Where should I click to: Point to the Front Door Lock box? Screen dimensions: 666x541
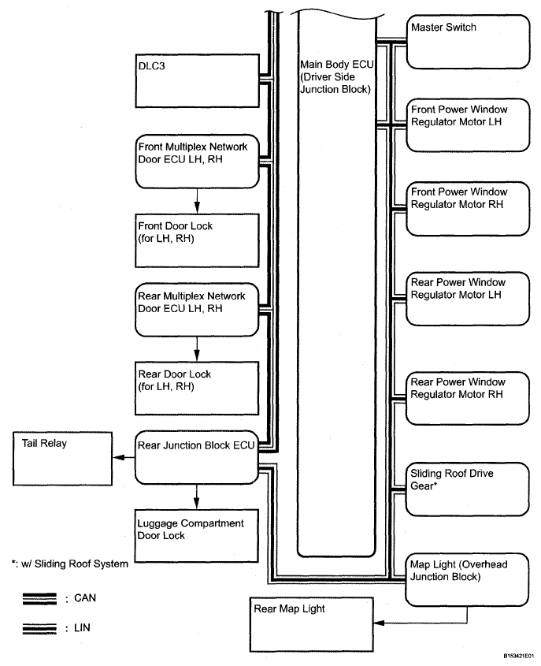[197, 236]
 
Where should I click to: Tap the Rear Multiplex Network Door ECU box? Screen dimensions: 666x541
[197, 307]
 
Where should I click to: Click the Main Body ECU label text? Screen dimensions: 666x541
[335, 76]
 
